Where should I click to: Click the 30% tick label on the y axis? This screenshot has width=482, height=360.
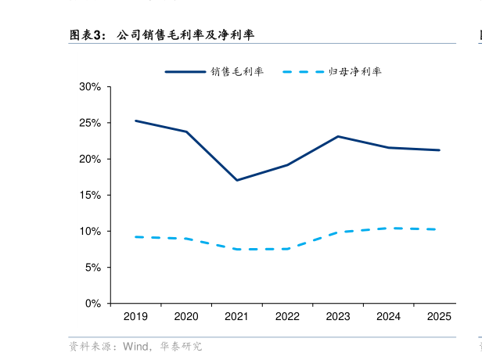pyautogui.click(x=90, y=87)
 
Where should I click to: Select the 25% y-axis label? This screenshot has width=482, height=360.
pyautogui.click(x=90, y=123)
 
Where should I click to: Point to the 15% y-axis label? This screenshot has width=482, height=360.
pyautogui.click(x=90, y=195)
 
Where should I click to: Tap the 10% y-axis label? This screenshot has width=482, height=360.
pyautogui.click(x=90, y=231)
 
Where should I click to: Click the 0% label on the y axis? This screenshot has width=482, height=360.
pyautogui.click(x=93, y=303)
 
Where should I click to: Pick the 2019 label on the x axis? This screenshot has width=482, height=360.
pyautogui.click(x=135, y=317)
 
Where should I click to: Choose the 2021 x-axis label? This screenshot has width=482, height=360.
pyautogui.click(x=236, y=317)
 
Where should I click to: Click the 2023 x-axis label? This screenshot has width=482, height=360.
pyautogui.click(x=338, y=317)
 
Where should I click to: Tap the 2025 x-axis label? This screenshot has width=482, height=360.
pyautogui.click(x=439, y=317)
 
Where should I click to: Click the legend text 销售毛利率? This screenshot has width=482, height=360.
pyautogui.click(x=237, y=71)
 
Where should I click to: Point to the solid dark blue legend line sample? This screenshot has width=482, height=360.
pyautogui.click(x=185, y=71)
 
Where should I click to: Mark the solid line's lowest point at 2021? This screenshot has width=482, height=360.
pyautogui.click(x=236, y=180)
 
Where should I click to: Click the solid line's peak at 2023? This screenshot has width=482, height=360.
pyautogui.click(x=338, y=136)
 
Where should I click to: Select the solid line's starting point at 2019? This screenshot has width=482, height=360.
pyautogui.click(x=135, y=121)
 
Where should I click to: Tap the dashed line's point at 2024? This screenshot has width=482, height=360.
pyautogui.click(x=389, y=228)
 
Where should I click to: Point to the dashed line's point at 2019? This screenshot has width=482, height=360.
pyautogui.click(x=135, y=236)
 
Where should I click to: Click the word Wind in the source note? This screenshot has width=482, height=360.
pyautogui.click(x=134, y=346)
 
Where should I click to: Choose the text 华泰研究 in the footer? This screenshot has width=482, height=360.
pyautogui.click(x=181, y=346)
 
